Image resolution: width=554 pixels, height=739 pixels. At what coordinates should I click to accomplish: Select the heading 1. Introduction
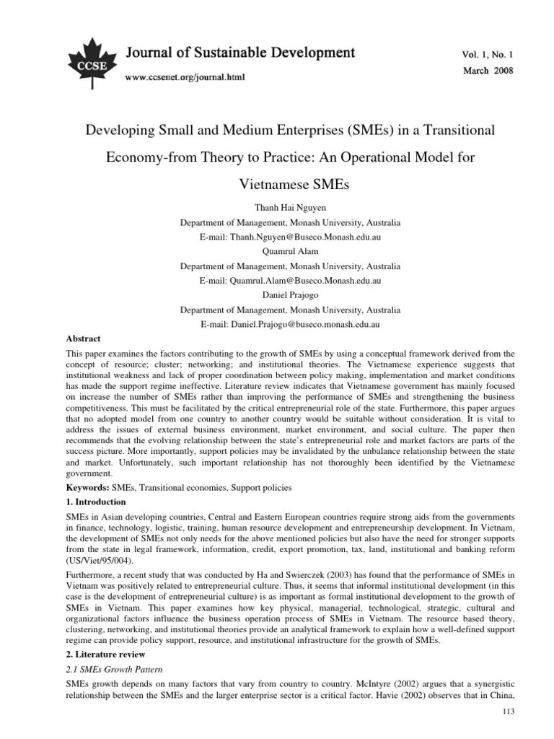coord(96,502)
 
